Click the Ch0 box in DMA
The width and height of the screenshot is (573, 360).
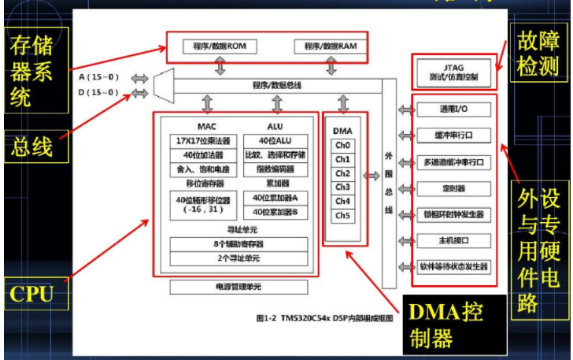pyautogui.click(x=342, y=145)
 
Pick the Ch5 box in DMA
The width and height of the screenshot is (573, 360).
pyautogui.click(x=342, y=215)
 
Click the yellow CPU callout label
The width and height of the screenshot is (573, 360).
pyautogui.click(x=32, y=295)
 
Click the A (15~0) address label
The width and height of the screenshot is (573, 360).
pyautogui.click(x=99, y=77)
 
